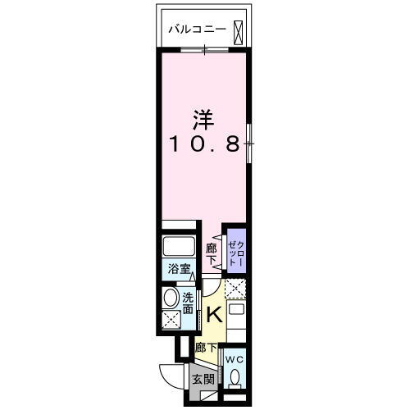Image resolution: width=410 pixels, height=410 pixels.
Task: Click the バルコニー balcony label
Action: [x=198, y=30]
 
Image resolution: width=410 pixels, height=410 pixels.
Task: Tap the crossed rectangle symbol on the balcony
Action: [x=237, y=30]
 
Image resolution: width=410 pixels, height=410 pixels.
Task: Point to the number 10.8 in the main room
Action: [x=204, y=145]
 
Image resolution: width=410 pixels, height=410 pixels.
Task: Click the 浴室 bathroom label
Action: [x=180, y=268]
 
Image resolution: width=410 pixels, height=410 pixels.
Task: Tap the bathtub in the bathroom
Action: [x=180, y=246]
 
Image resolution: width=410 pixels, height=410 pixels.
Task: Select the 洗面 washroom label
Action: [x=189, y=302]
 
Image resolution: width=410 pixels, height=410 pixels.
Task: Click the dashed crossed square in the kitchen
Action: [x=236, y=289]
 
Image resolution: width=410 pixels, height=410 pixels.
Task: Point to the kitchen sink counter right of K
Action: [x=236, y=317]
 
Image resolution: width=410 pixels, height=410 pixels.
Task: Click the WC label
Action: [x=235, y=359]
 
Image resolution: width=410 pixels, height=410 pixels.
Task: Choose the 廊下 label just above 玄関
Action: [x=205, y=348]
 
